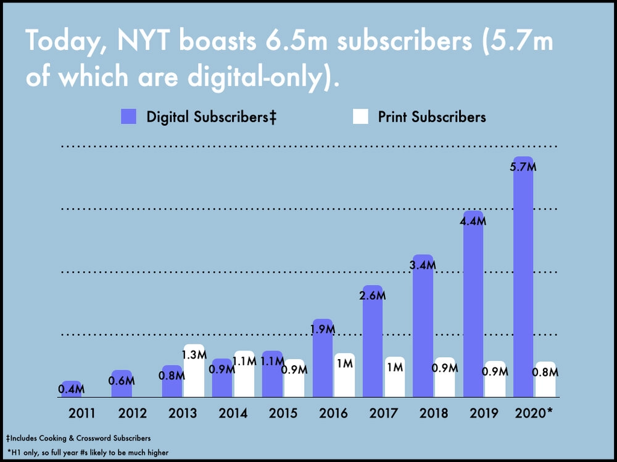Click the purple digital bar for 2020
pos(523,277)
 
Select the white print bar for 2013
pos(194,370)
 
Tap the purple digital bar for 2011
pos(72,389)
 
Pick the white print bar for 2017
pos(395,377)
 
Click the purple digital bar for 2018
pos(423,326)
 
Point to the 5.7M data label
pos(523,167)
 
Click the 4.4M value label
pos(473,221)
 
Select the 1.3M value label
pos(194,355)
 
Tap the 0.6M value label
pos(122,381)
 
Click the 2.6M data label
pos(372,296)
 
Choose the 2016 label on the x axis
pos(333,413)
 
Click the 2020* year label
pos(534,413)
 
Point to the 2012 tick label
pos(133,413)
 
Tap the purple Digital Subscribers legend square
pos(129,116)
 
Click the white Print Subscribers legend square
pos(360,116)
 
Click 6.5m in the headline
pos(297,40)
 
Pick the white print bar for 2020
pos(545,379)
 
